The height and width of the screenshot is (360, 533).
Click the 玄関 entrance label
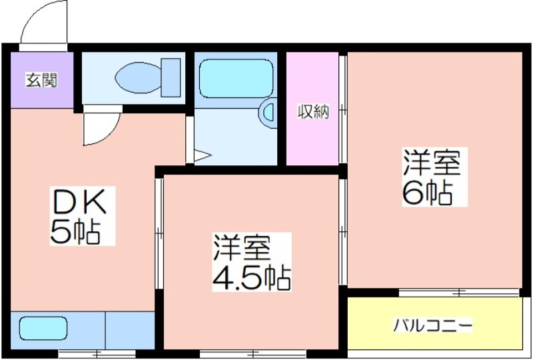pos(41,81)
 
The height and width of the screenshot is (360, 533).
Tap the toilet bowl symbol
pos(138,77)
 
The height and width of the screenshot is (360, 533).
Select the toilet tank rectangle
pos(171,77)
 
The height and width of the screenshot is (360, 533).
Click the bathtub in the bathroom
pos(236,79)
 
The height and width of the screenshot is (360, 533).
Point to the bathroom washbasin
pos(268,113)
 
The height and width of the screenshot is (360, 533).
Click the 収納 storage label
pos(313,111)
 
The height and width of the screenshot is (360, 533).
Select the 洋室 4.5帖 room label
pos(252,262)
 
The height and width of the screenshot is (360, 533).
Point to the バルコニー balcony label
pos(432,325)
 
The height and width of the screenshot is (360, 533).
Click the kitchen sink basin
pos(43,329)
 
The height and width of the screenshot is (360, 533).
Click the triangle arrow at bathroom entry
pos(203,155)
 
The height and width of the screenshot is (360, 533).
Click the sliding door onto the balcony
pos(458,292)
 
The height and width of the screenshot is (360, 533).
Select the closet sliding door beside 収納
pos(343,109)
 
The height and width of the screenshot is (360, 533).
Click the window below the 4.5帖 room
pos(253,353)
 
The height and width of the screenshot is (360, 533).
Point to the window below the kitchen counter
pos(97,353)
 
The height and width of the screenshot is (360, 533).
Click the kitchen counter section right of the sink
pos(130,330)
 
